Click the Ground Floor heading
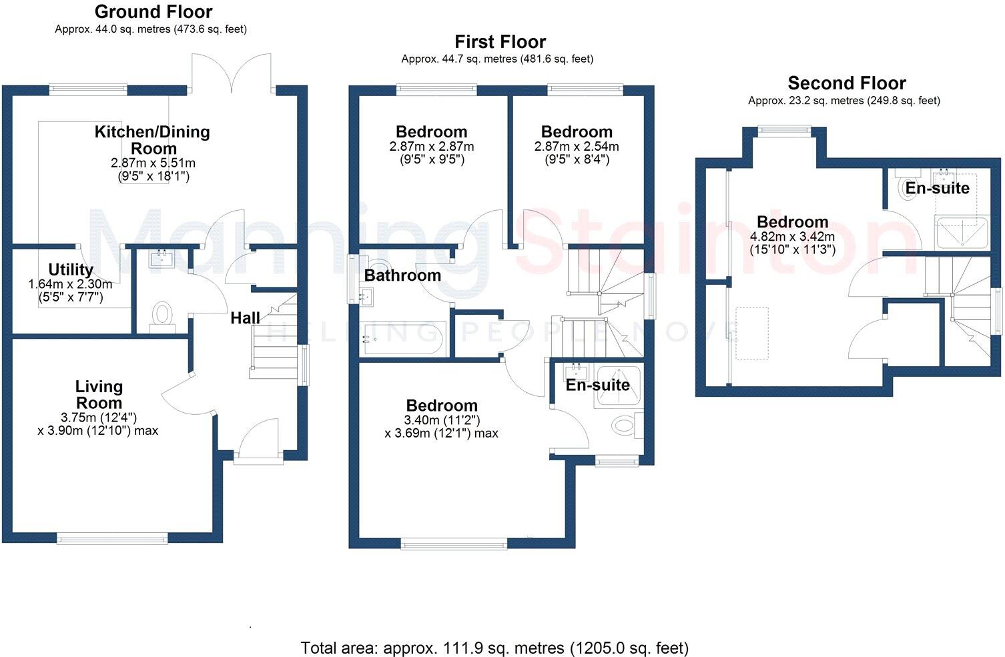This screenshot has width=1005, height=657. pyautogui.click(x=153, y=12)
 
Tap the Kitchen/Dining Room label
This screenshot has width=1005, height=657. pyautogui.click(x=152, y=139)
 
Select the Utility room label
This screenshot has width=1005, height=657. pyautogui.click(x=71, y=269)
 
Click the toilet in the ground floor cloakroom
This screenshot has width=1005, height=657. pyautogui.click(x=162, y=315)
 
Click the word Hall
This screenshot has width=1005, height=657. pyautogui.click(x=245, y=318)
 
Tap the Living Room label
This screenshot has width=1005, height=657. pyautogui.click(x=99, y=394)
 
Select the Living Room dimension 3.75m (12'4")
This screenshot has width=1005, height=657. pyautogui.click(x=99, y=418)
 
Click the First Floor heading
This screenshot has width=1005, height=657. pyautogui.click(x=500, y=42)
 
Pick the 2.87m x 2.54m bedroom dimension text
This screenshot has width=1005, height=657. pyautogui.click(x=577, y=146)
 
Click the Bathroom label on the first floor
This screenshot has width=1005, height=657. pyautogui.click(x=402, y=275)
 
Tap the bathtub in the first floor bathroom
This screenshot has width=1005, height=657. pyautogui.click(x=401, y=339)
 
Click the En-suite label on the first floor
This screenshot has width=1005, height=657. pyautogui.click(x=597, y=385)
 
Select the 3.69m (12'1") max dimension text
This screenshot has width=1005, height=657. pyautogui.click(x=441, y=433)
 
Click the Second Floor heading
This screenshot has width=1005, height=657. pyautogui.click(x=846, y=83)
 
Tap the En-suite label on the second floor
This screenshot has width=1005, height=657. pyautogui.click(x=937, y=188)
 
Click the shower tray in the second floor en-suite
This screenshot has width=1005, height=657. pyautogui.click(x=962, y=232)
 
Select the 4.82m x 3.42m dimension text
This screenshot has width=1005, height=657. pyautogui.click(x=792, y=237)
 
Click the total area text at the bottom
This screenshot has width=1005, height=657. pyautogui.click(x=494, y=648)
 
